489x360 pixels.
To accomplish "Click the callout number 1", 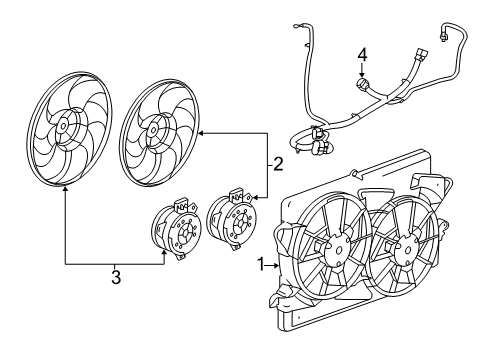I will tap(262, 266).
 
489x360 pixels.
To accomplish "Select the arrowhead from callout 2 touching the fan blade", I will tap(200, 131).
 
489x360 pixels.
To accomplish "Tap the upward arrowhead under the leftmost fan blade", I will tap(65, 189).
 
